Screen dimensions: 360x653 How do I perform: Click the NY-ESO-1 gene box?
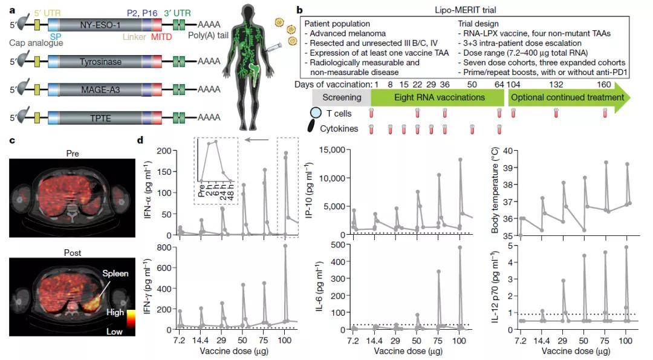[100, 25]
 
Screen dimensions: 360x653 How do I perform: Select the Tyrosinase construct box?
[100, 61]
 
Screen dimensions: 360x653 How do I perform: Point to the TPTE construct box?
[100, 117]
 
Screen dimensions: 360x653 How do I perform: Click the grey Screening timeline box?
[341, 97]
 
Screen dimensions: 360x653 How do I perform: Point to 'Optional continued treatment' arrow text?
[566, 97]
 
